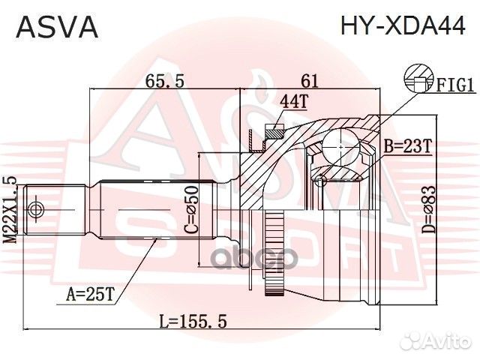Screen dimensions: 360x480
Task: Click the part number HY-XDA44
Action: tap(403, 27)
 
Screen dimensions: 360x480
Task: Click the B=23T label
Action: tap(408, 147)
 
